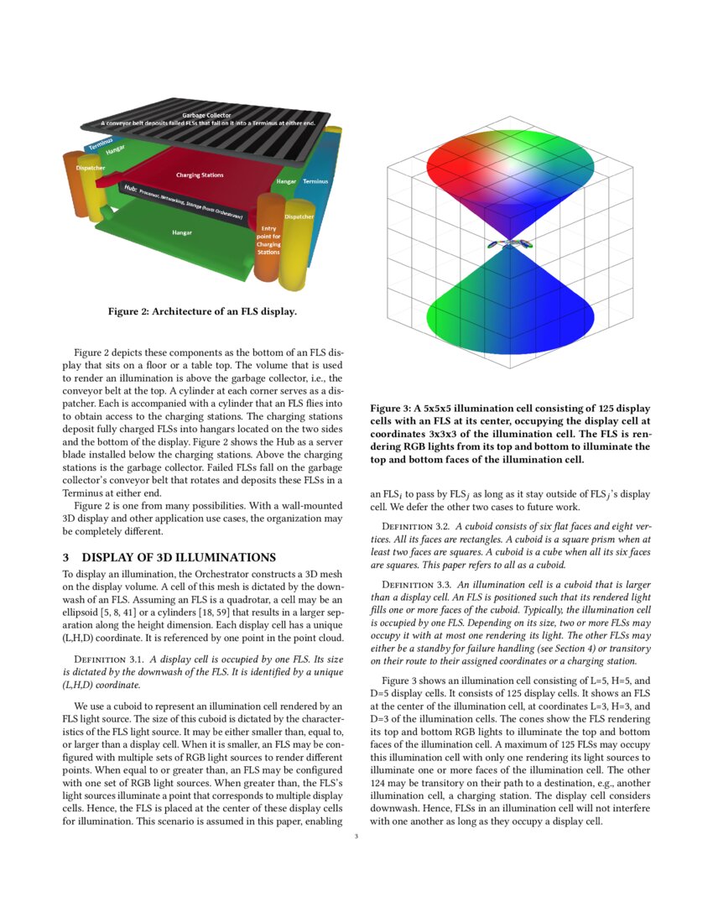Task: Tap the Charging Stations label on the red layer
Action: [x=200, y=175]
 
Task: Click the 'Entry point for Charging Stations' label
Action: [x=268, y=239]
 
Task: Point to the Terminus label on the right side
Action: [x=315, y=180]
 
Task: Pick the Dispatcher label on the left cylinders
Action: [x=90, y=168]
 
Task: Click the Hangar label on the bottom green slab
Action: [x=182, y=232]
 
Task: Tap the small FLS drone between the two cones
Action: [x=509, y=244]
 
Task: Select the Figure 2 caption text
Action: [x=201, y=312]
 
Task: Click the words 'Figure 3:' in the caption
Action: [x=389, y=408]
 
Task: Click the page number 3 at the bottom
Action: [x=356, y=836]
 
